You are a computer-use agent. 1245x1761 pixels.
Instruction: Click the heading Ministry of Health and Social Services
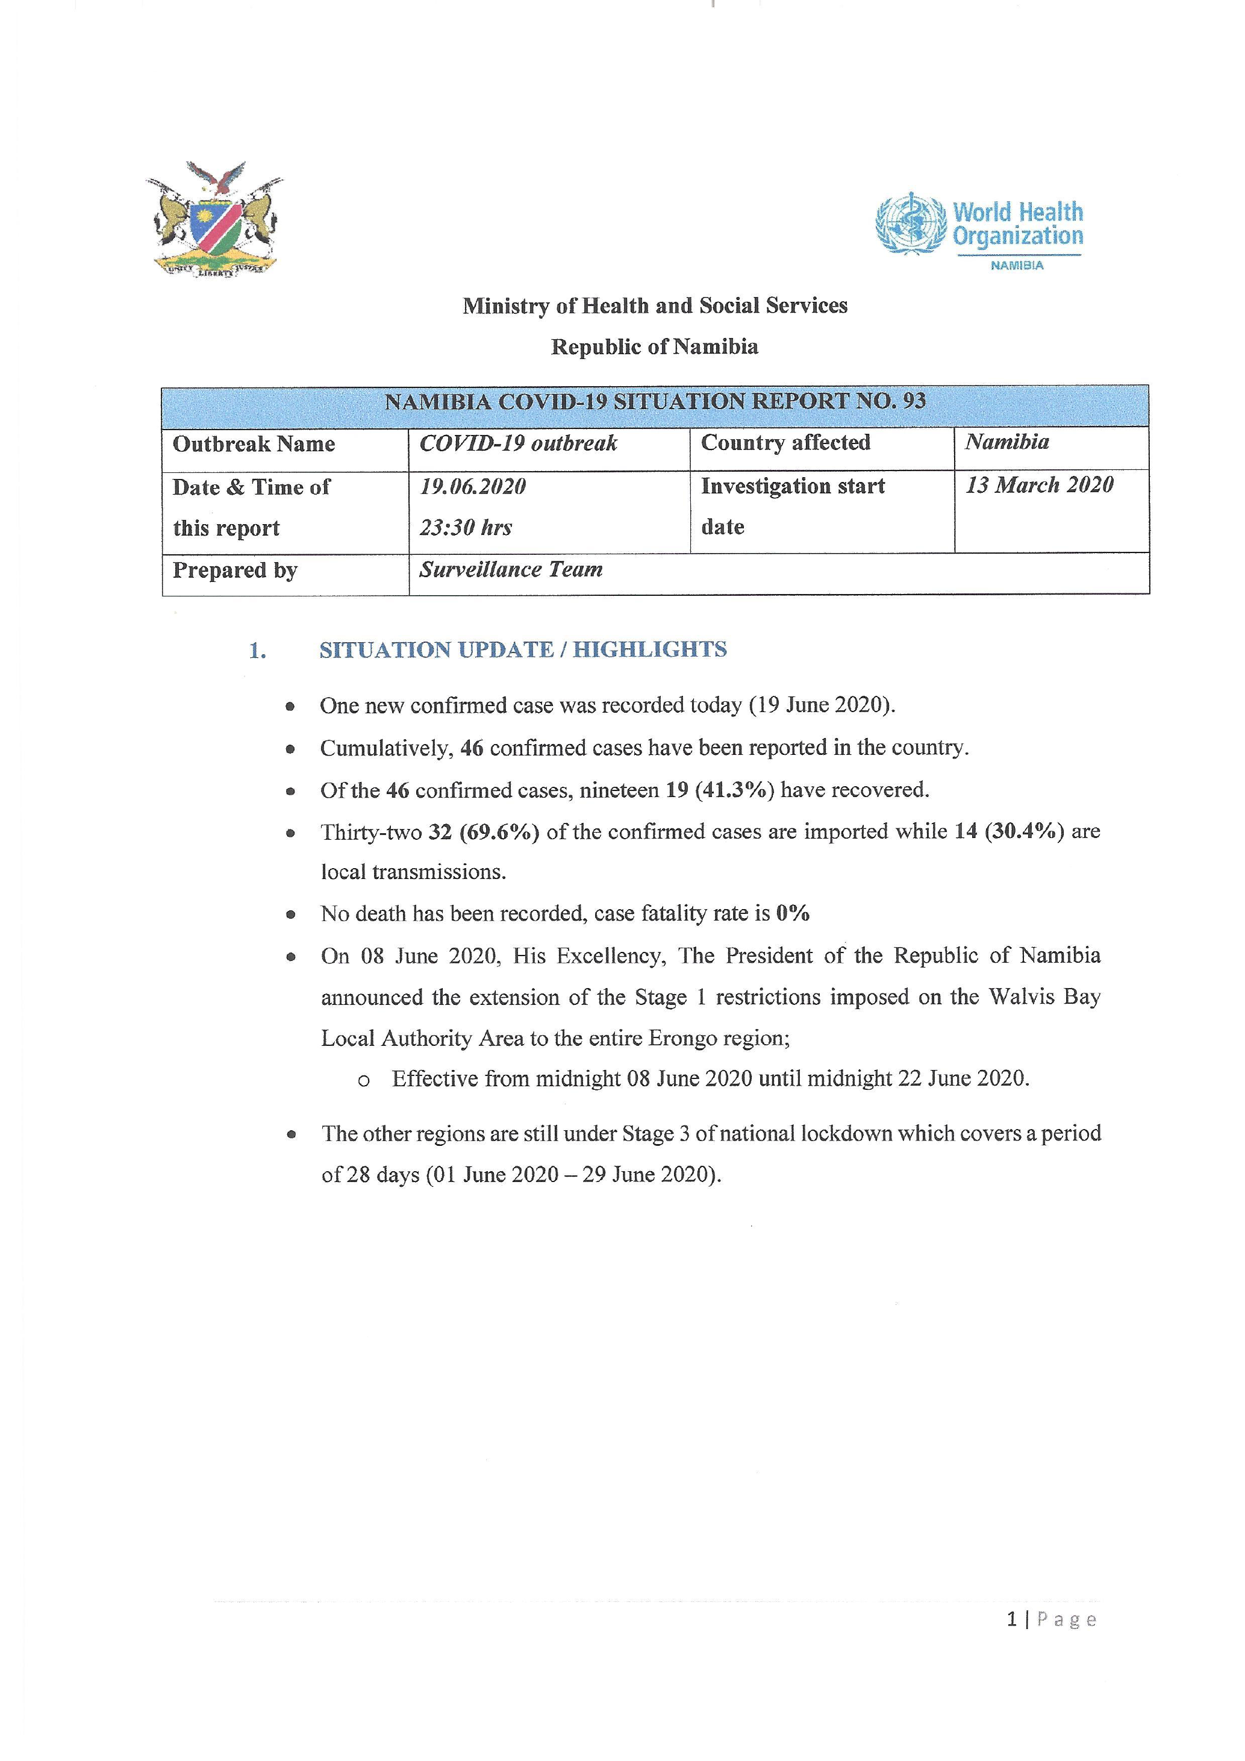[655, 306]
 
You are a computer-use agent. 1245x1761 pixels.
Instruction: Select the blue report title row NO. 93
[655, 401]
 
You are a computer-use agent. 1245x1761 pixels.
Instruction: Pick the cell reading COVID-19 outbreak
[518, 443]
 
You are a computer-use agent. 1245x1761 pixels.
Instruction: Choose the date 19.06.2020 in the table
[472, 486]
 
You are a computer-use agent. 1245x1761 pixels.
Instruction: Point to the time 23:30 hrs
[466, 528]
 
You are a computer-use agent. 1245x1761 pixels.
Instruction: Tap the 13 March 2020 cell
[1039, 485]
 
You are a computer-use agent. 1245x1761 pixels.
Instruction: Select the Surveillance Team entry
[511, 569]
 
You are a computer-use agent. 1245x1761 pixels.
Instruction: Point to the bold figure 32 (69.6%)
[484, 831]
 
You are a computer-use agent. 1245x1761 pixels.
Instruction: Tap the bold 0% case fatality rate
[793, 913]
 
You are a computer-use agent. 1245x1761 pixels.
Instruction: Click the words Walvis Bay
[1044, 997]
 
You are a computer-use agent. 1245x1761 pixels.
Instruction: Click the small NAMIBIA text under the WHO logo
[1017, 265]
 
